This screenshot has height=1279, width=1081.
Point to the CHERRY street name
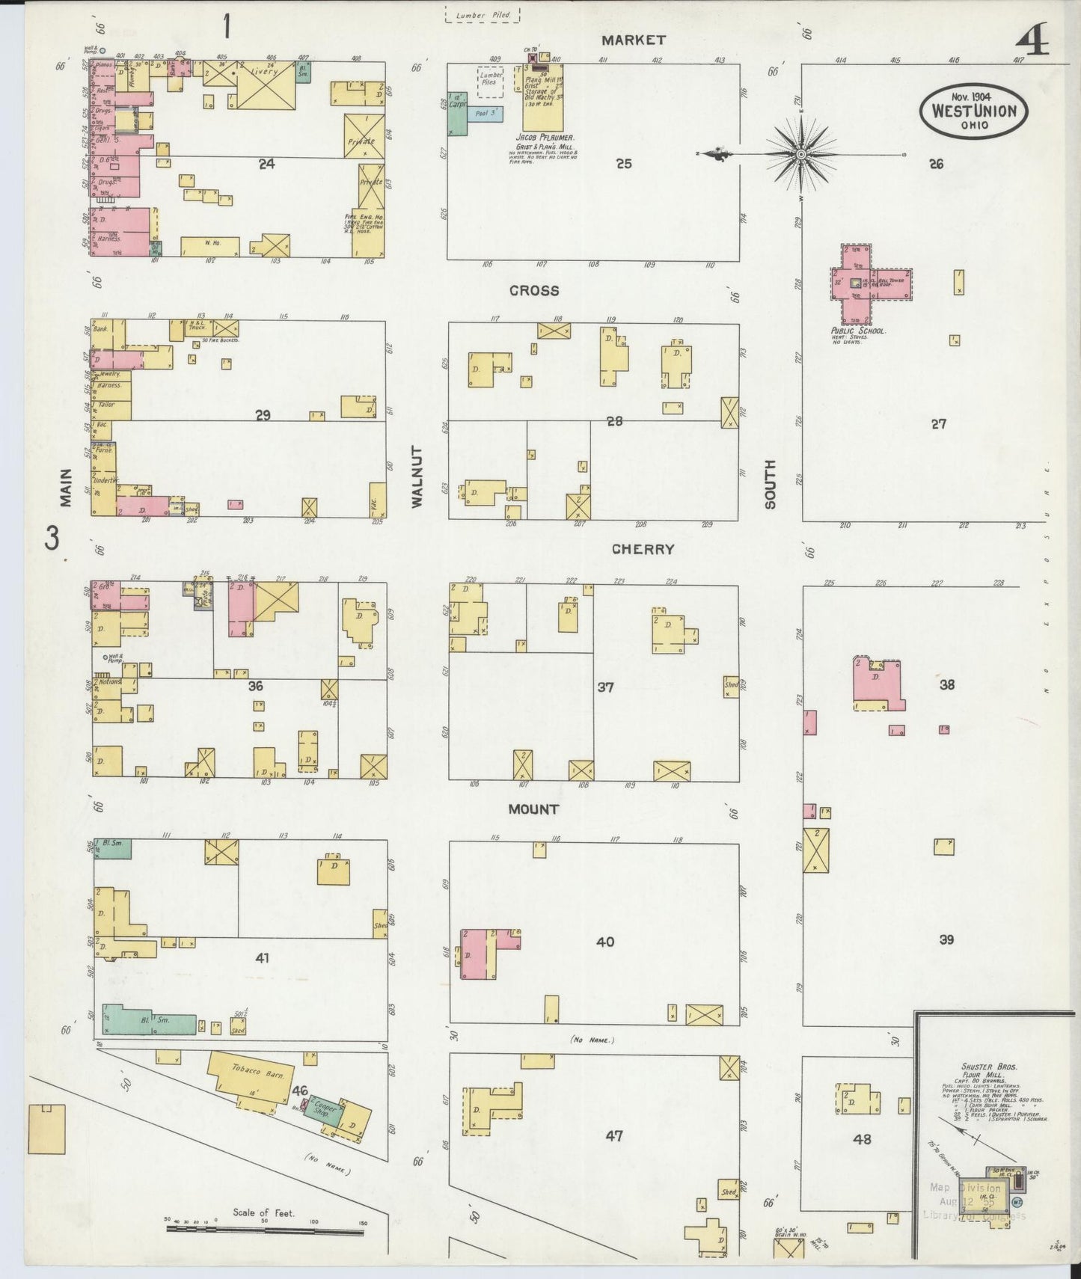pyautogui.click(x=643, y=549)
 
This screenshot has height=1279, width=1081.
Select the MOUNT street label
pyautogui.click(x=533, y=809)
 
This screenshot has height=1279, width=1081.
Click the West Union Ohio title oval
pyautogui.click(x=973, y=111)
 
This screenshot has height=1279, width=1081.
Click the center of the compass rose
pyautogui.click(x=800, y=155)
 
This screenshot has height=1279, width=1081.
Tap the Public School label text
pyautogui.click(x=858, y=330)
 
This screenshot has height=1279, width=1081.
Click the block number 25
pyautogui.click(x=624, y=163)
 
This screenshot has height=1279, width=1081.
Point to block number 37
pyautogui.click(x=605, y=686)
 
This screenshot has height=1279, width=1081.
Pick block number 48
pyautogui.click(x=862, y=1139)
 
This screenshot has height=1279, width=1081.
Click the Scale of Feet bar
pyautogui.click(x=266, y=1227)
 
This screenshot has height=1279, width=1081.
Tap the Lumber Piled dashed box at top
pyautogui.click(x=483, y=15)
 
